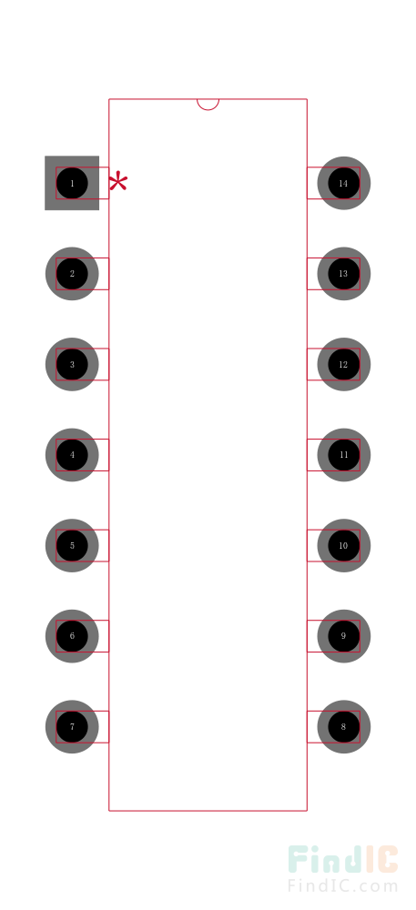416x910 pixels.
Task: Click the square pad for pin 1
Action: point(72,183)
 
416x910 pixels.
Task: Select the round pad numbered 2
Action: point(72,273)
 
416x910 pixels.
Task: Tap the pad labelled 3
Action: point(72,364)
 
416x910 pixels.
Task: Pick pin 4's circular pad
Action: point(72,454)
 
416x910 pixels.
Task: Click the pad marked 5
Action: point(72,545)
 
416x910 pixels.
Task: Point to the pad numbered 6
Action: point(72,635)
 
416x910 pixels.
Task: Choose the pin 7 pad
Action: point(72,726)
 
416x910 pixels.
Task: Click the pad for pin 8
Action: point(343,726)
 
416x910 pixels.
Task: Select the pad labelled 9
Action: point(343,635)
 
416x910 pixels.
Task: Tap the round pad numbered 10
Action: point(343,545)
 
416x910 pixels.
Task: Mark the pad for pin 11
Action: point(343,454)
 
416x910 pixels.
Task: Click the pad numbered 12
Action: point(343,364)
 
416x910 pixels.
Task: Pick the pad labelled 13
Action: point(343,273)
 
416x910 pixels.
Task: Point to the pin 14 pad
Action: point(343,183)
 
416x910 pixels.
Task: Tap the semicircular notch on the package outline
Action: point(208,109)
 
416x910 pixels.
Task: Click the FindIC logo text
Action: point(343,859)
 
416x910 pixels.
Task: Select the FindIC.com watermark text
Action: point(343,885)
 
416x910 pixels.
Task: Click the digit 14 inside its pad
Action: point(343,184)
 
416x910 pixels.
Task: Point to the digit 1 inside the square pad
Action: point(72,184)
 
